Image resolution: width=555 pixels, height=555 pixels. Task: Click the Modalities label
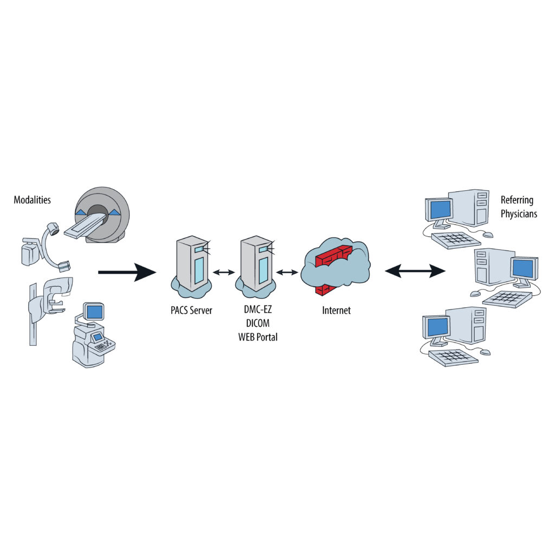coord(33,200)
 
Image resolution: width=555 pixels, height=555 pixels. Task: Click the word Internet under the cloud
coord(336,311)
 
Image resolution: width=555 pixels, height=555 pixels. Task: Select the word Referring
coord(517,201)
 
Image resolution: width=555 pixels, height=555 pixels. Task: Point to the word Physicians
coord(519,214)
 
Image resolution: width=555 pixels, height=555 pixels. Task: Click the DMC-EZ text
coord(257,311)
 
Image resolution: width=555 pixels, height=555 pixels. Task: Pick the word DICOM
coord(257,324)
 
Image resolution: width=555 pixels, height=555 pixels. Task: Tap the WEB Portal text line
coord(257,337)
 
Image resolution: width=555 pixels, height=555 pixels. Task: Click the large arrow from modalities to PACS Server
coord(127,272)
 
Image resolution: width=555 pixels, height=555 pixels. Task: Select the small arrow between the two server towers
coord(224,272)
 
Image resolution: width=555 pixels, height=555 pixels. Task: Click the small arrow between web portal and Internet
coord(287,272)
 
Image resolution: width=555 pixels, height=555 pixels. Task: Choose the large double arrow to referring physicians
coord(415,269)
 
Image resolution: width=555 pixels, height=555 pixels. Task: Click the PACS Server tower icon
coord(192,263)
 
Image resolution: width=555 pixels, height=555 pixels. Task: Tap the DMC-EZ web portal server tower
coord(256,263)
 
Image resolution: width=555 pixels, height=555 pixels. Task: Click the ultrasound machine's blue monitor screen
coord(95,312)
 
